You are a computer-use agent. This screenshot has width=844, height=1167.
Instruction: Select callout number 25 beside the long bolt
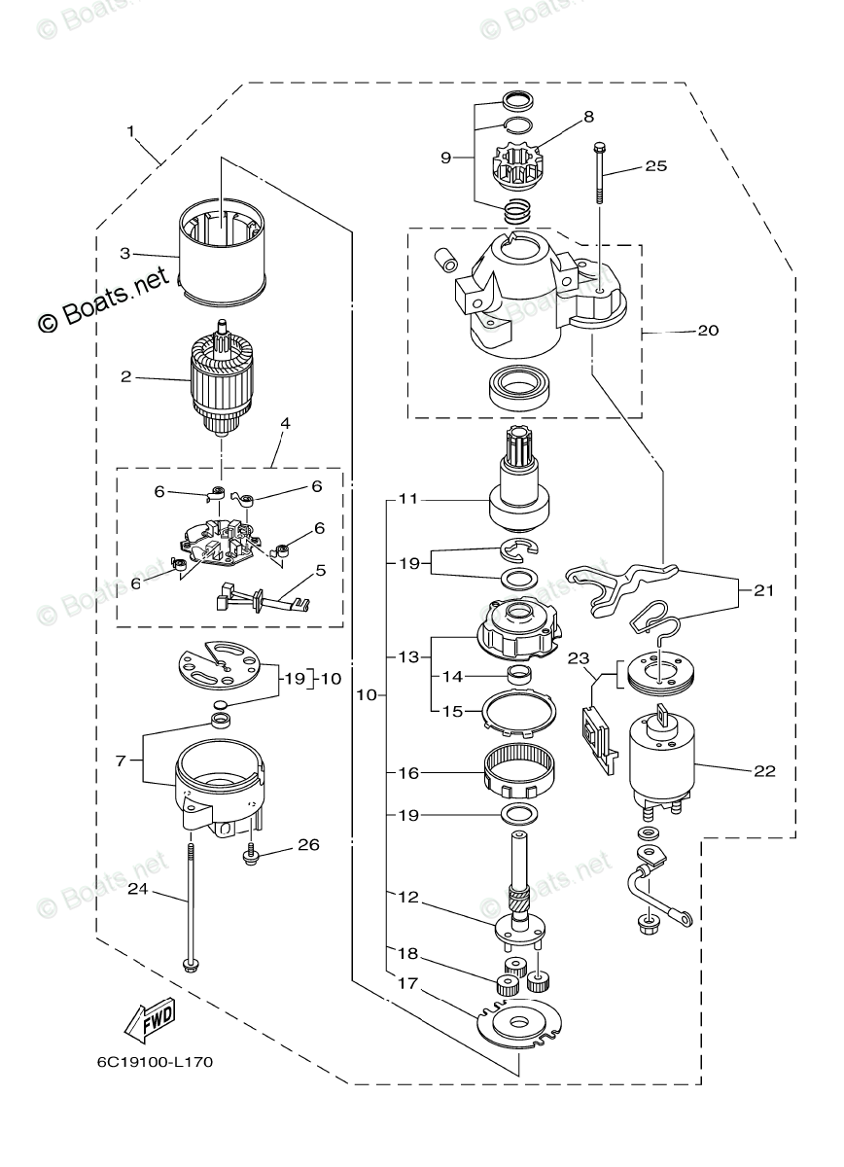(x=656, y=165)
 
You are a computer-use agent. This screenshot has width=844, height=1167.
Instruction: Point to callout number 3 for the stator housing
(x=125, y=254)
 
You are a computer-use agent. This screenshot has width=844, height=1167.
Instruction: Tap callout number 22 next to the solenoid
(x=764, y=770)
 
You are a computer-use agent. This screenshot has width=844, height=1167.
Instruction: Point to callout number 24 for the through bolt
(x=138, y=890)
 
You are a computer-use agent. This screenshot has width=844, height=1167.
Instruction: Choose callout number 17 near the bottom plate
(x=408, y=983)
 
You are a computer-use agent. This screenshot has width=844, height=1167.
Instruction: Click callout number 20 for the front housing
(x=708, y=331)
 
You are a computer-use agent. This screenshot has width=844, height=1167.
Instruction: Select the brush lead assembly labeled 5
(x=263, y=597)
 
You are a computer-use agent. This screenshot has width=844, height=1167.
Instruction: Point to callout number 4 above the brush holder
(x=285, y=423)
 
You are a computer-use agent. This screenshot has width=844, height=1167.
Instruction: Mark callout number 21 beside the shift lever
(x=763, y=591)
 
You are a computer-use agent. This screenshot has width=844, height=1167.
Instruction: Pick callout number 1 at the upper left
(x=130, y=131)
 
